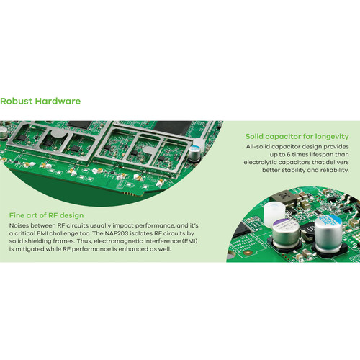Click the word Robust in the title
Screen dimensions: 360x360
point(17,101)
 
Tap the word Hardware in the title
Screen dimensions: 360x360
point(58,101)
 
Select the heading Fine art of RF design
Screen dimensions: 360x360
point(46,215)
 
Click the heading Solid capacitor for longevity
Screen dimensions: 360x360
point(297,136)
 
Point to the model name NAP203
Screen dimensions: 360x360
point(117,233)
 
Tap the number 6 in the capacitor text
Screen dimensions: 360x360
point(288,154)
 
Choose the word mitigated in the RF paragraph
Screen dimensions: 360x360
point(30,249)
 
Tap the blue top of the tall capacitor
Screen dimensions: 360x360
point(328,220)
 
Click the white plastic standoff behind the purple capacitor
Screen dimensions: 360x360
point(274,212)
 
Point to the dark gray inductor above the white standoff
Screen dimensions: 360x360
point(284,198)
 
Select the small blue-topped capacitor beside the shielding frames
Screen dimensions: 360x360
point(194,153)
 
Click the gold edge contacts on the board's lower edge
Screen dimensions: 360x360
point(131,194)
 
